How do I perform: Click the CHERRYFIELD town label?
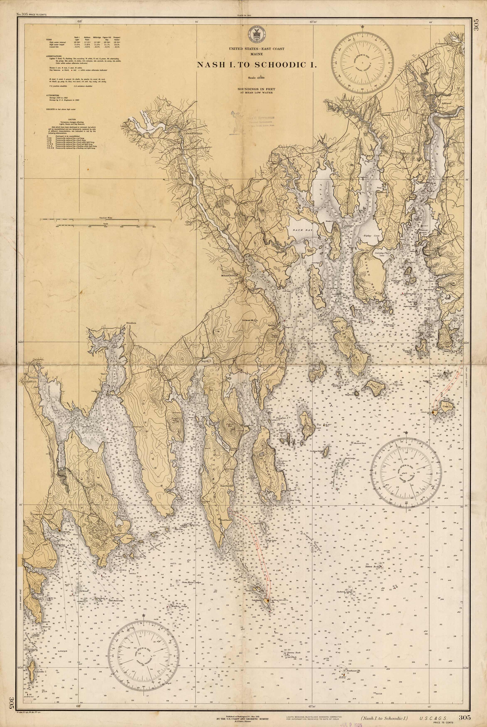[x=188, y=133]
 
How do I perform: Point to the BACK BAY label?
[x=297, y=230]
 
